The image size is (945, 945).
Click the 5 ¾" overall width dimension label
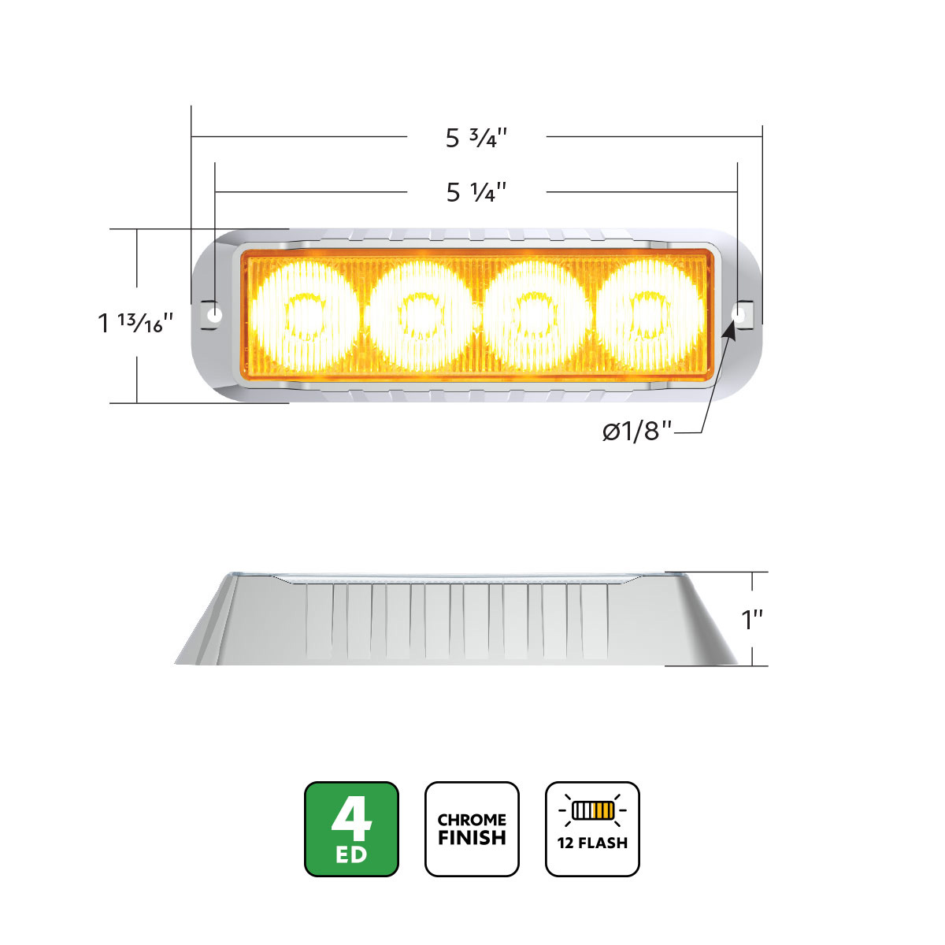point(476,138)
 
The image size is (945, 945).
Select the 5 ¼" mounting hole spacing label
point(476,191)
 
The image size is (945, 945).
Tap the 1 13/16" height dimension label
point(135,322)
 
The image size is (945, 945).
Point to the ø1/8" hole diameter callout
point(637,432)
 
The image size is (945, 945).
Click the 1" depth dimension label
point(753,620)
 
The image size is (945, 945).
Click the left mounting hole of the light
point(213,315)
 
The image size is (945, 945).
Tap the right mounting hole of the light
point(739,313)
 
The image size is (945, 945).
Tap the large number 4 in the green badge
point(351,819)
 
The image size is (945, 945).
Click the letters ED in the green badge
point(351,854)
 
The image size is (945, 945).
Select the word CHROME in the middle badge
point(472,820)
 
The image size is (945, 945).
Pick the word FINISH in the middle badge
point(472,838)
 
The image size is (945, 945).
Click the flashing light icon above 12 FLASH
point(592,810)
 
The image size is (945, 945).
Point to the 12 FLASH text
point(592,843)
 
